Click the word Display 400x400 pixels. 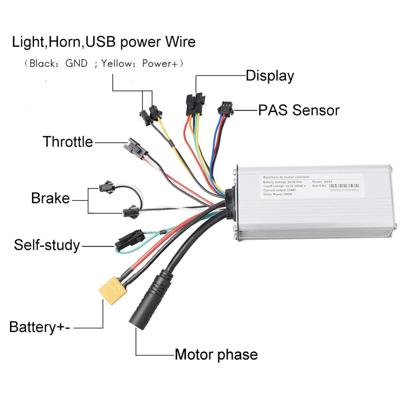coord(270,76)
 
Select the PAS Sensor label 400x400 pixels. coord(299,110)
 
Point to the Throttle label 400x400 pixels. coord(68,141)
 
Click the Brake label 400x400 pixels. coord(50,198)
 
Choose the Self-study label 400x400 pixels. coord(47,245)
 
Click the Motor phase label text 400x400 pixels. coord(216,354)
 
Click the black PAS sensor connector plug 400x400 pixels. coord(225,108)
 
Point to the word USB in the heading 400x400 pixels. coord(100,42)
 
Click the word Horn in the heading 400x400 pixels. coord(64,42)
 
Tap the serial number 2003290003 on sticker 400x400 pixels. coord(344,191)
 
